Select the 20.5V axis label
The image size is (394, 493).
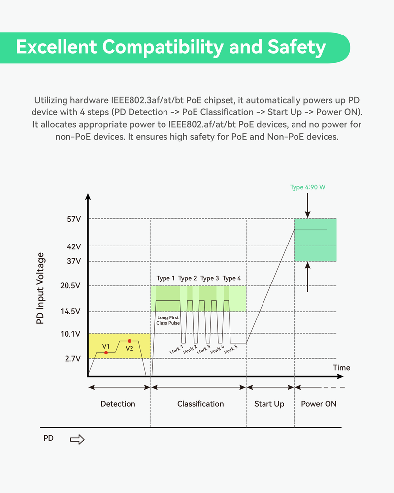pos(71,286)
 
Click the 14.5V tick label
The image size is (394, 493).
pos(71,311)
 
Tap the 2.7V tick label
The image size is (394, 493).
pos(72,359)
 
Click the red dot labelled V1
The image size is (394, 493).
pos(106,352)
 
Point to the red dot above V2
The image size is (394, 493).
pos(130,341)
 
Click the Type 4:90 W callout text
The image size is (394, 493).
pos(307,187)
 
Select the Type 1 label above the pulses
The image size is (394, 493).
pos(165,278)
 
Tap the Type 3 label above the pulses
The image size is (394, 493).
pos(210,278)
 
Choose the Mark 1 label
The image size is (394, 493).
pos(176,350)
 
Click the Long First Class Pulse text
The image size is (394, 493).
pos(168,321)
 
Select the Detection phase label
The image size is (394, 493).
pos(118,404)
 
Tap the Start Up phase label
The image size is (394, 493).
pos(269,404)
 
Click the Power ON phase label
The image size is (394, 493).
pos(319,404)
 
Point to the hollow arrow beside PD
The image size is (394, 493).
pos(77,439)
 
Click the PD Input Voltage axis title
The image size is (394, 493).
pos(41,288)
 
